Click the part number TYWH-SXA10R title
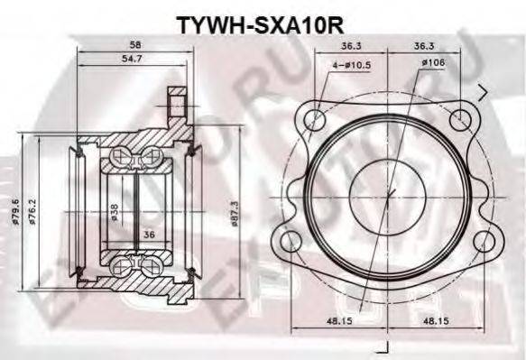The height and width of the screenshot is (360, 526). tap(261, 19)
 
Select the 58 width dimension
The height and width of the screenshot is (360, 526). tap(134, 44)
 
